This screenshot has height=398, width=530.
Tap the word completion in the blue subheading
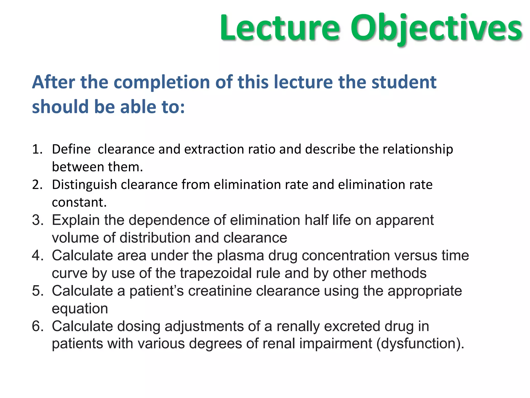point(162,82)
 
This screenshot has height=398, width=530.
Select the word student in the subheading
point(404,82)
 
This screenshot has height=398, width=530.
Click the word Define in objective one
point(71,150)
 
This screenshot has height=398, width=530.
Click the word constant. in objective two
point(79,202)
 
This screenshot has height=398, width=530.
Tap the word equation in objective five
point(80,309)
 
